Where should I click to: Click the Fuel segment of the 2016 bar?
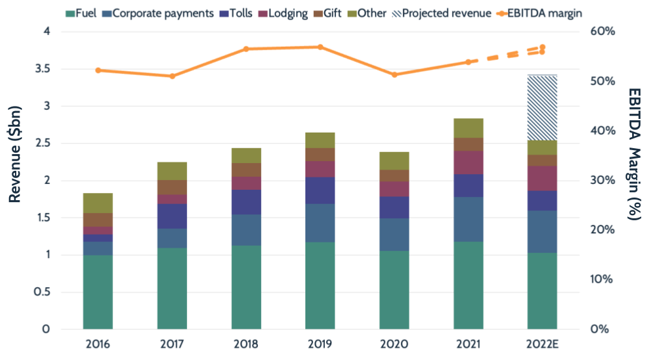pyautogui.click(x=97, y=292)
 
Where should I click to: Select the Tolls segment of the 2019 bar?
pyautogui.click(x=320, y=190)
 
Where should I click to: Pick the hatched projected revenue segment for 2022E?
pyautogui.click(x=542, y=108)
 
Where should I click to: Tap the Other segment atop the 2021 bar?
pyautogui.click(x=468, y=128)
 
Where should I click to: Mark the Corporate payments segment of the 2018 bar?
pyautogui.click(x=246, y=230)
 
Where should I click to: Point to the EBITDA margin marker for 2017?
pyautogui.click(x=172, y=76)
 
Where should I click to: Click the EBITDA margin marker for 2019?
pyautogui.click(x=320, y=47)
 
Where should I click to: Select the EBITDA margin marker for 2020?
pyautogui.click(x=394, y=75)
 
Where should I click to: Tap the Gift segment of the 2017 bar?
pyautogui.click(x=172, y=187)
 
